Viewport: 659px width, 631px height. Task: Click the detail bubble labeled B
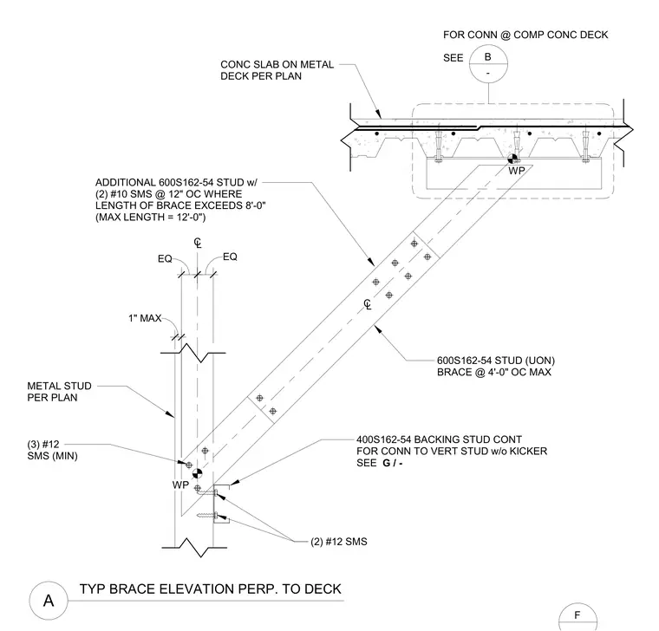click(x=488, y=64)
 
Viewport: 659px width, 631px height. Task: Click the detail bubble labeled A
click(x=49, y=601)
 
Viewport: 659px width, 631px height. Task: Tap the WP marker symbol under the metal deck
click(x=512, y=159)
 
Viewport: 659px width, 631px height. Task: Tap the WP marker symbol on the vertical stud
click(x=197, y=474)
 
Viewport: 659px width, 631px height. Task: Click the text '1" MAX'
click(x=145, y=318)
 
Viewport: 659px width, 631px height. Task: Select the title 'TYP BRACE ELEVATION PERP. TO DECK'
click(x=210, y=589)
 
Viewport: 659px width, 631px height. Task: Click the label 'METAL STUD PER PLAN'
click(x=59, y=392)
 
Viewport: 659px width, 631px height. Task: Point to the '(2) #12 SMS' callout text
click(x=339, y=542)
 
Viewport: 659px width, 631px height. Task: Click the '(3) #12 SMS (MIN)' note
click(x=52, y=450)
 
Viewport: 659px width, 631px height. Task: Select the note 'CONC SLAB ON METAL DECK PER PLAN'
click(x=277, y=70)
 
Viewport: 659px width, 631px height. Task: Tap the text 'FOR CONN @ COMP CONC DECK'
click(x=525, y=35)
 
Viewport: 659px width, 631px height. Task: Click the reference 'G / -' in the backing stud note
click(x=393, y=463)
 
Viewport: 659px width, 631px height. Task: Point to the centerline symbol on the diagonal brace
click(x=368, y=304)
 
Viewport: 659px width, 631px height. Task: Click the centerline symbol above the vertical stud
click(x=198, y=243)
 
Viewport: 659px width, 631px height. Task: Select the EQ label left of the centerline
click(x=165, y=259)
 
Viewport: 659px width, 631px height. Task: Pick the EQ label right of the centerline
click(x=230, y=257)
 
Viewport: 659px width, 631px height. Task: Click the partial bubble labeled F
click(x=577, y=617)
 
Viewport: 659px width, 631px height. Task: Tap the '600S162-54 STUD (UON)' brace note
click(x=496, y=361)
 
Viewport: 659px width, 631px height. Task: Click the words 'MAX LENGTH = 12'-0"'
click(x=151, y=218)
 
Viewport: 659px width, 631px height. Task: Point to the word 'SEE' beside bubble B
click(x=453, y=58)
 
